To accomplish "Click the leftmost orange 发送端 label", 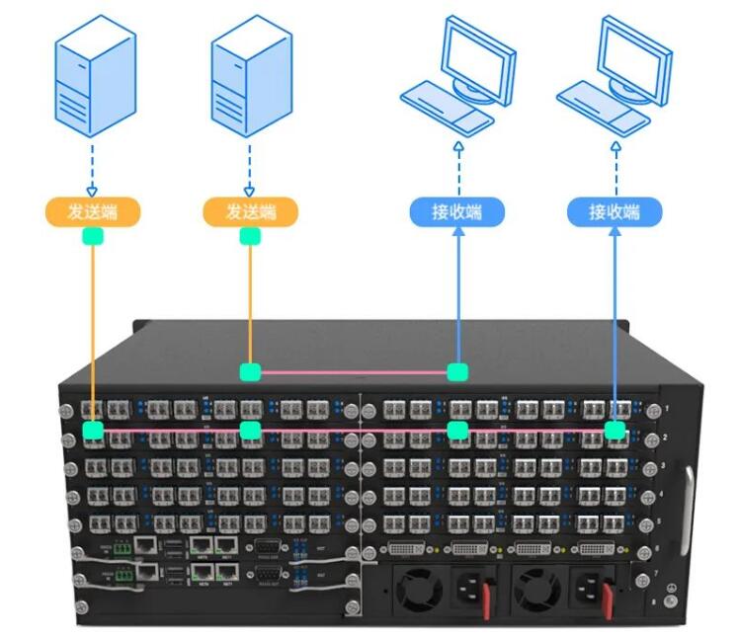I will point(93,211).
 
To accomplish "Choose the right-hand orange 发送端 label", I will point(250,211).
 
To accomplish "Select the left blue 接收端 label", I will point(457,211).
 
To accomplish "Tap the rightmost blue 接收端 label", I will point(614,211).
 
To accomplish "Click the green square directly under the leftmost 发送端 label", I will point(93,236).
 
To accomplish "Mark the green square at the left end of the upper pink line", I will point(250,372).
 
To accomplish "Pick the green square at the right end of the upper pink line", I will point(456,372).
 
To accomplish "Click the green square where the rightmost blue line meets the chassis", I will point(614,430).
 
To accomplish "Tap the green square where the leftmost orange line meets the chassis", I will point(93,430).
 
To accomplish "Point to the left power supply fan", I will point(420,590).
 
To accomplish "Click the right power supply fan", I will point(536,590).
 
